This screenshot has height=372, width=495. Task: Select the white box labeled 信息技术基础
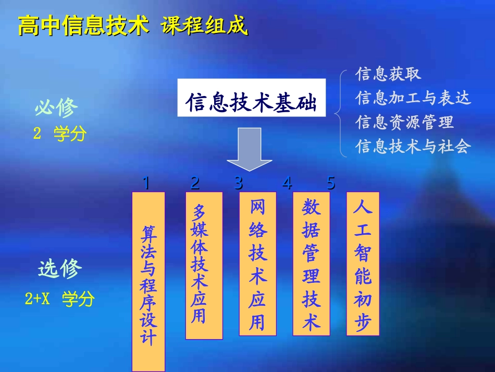coord(252,98)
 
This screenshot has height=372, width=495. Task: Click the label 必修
coord(56,108)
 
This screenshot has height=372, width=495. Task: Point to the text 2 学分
coord(60,134)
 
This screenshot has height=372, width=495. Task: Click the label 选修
coord(60,270)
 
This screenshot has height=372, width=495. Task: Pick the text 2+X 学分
coord(60,299)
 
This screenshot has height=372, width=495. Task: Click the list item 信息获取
coord(388,74)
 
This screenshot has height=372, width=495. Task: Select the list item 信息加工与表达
coord(413,98)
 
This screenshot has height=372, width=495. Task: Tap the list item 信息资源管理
coord(405,122)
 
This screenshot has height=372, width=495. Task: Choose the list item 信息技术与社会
coord(413,146)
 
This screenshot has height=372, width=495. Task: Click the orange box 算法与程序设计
coord(148,281)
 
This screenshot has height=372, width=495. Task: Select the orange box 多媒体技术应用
coord(204,266)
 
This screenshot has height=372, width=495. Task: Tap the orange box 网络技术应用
coord(257,263)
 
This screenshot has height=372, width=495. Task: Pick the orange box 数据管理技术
coord(311,263)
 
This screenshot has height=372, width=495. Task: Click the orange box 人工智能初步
coord(363,263)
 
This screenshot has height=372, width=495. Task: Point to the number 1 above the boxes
coord(146,183)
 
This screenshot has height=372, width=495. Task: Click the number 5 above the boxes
coord(331,183)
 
